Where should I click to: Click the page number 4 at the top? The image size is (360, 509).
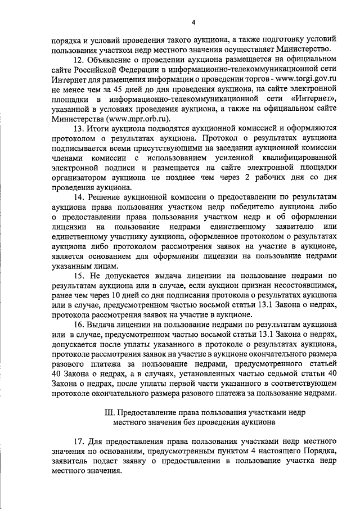[193, 22]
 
